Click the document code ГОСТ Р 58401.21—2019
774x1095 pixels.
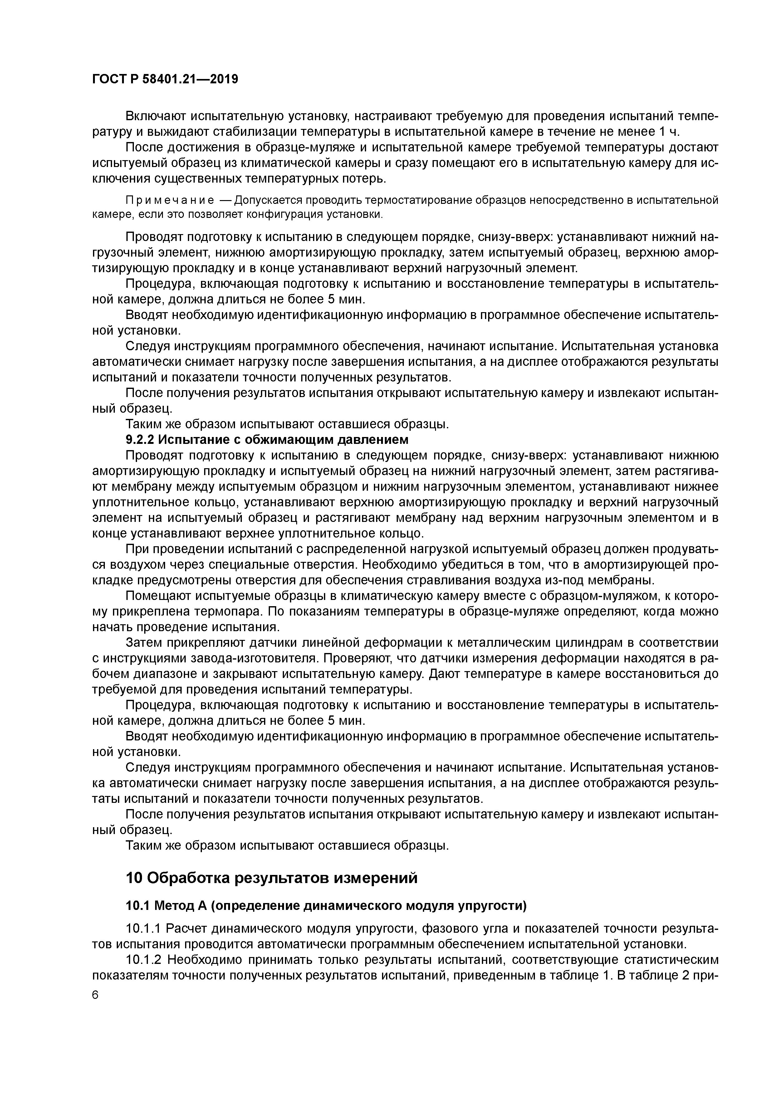tap(165, 80)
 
